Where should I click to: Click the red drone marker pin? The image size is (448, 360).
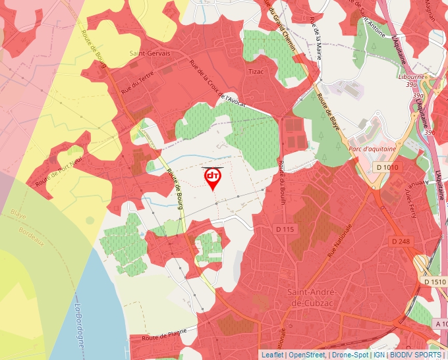pyautogui.click(x=213, y=178)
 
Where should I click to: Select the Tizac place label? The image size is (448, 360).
pyautogui.click(x=256, y=71)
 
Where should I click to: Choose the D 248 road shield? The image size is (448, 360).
pyautogui.click(x=401, y=242)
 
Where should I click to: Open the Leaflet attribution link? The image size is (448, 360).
pyautogui.click(x=272, y=355)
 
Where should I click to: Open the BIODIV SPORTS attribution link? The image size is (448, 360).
pyautogui.click(x=415, y=355)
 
